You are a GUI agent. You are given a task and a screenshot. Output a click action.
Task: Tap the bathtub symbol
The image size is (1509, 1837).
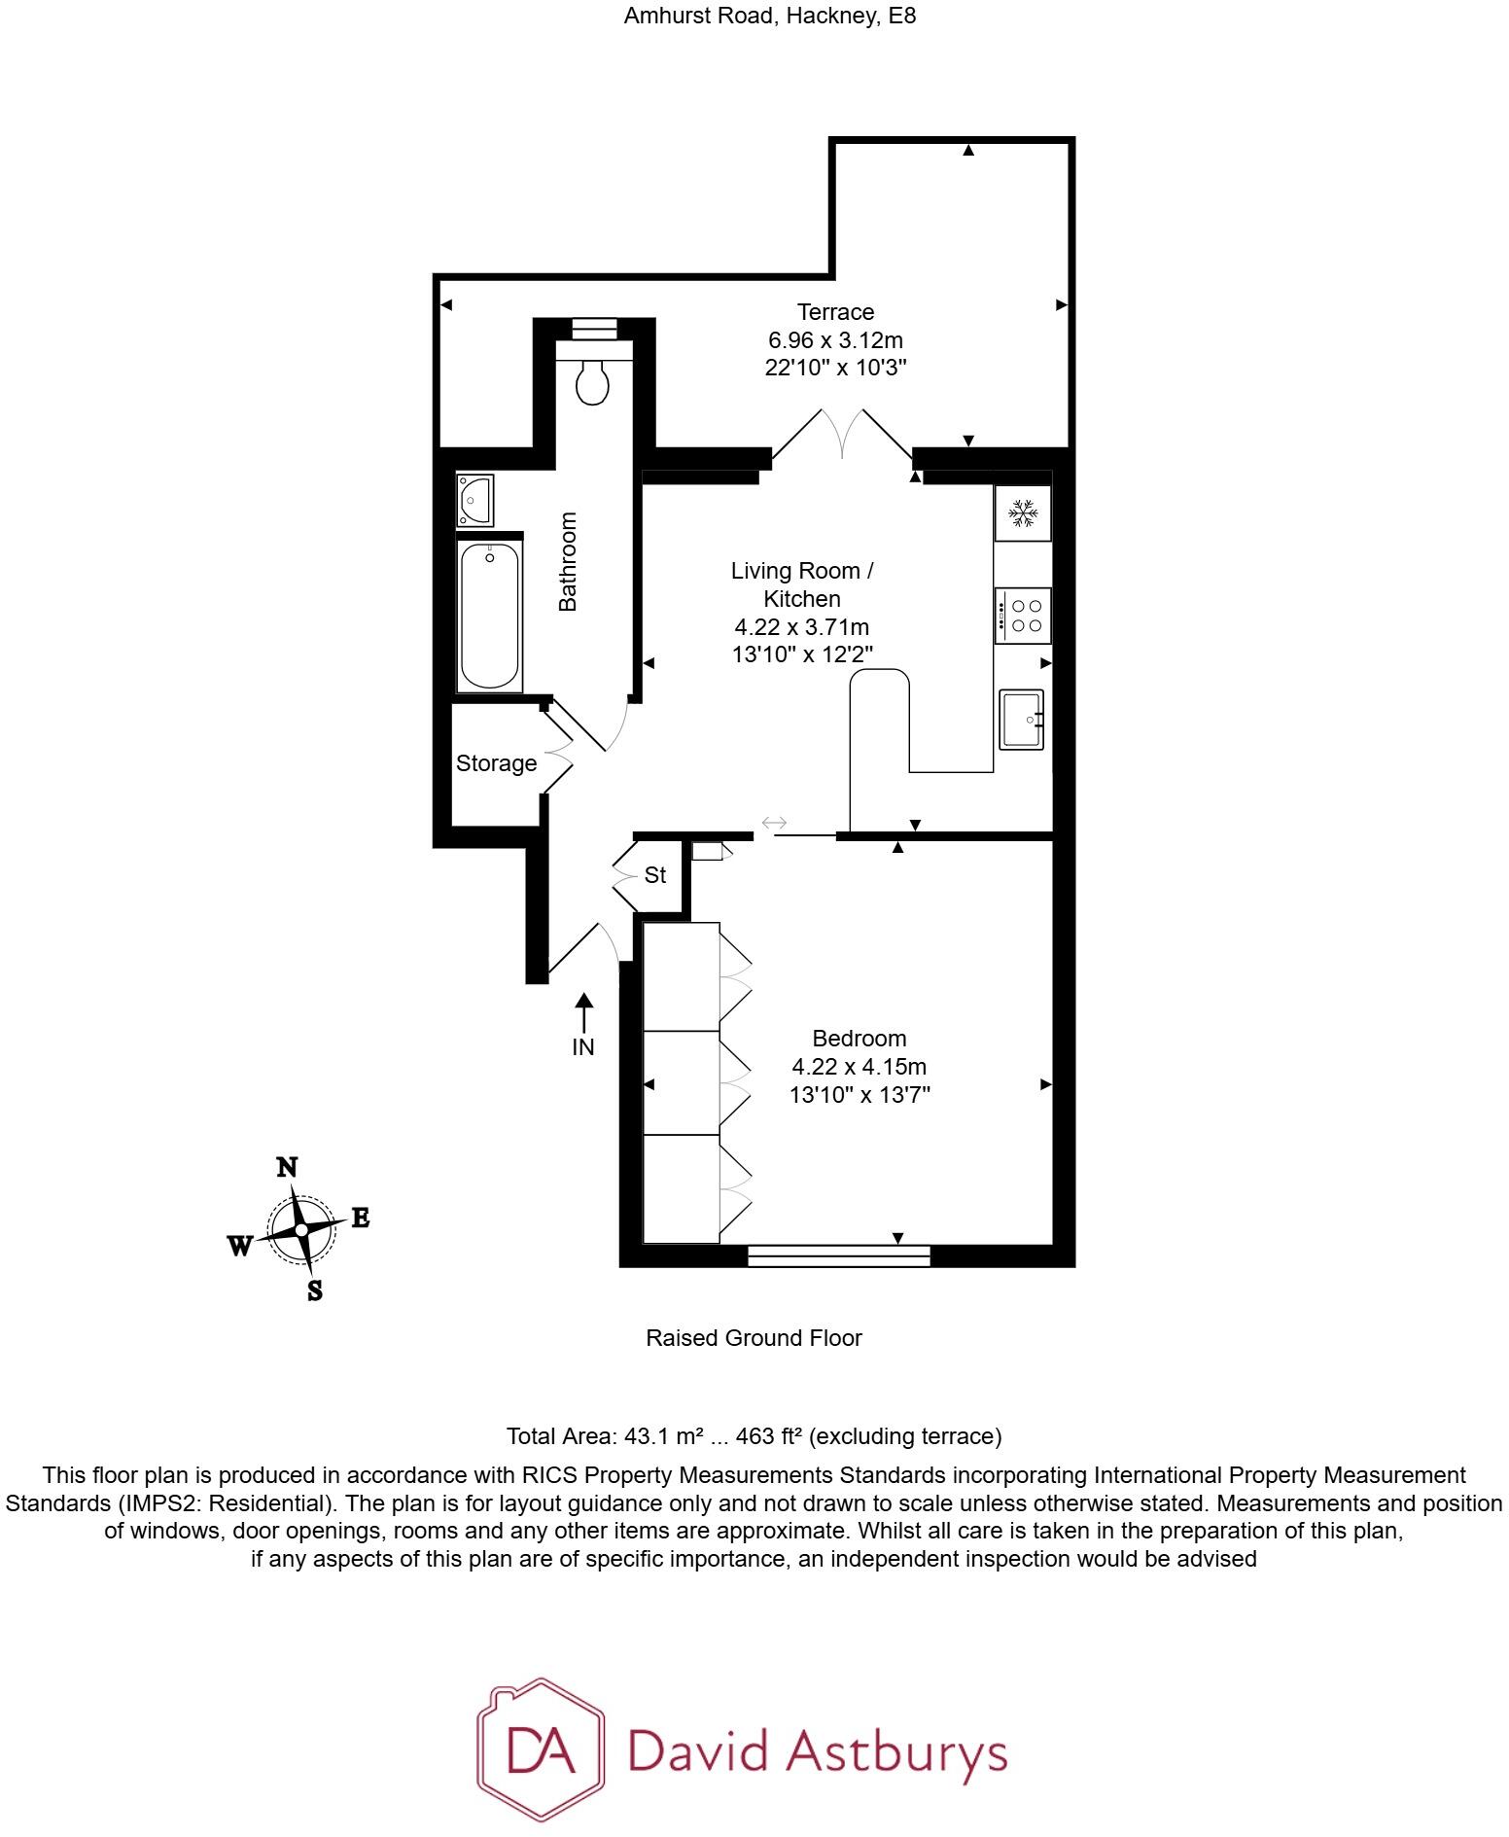pyautogui.click(x=490, y=616)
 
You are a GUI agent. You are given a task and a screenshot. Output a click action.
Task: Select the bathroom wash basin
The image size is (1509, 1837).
pyautogui.click(x=475, y=500)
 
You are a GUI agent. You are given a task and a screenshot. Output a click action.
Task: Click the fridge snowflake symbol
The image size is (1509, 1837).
pyautogui.click(x=1022, y=512)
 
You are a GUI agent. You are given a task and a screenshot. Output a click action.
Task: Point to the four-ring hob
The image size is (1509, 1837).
pyautogui.click(x=1024, y=615)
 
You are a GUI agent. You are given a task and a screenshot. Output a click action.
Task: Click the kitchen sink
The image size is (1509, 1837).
pyautogui.click(x=1021, y=720)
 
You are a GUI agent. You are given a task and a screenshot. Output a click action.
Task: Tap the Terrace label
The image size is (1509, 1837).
pyautogui.click(x=835, y=312)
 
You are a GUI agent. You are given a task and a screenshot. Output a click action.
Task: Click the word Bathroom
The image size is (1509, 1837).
pyautogui.click(x=568, y=561)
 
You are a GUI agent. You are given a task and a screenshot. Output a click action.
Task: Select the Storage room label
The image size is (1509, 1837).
pyautogui.click(x=496, y=763)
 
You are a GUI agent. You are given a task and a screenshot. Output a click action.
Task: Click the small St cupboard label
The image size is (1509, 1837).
pyautogui.click(x=655, y=875)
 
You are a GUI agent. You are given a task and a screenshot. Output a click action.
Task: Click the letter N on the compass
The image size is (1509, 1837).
pyautogui.click(x=287, y=1168)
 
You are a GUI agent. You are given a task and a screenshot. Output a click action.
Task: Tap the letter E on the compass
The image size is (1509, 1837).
pyautogui.click(x=360, y=1218)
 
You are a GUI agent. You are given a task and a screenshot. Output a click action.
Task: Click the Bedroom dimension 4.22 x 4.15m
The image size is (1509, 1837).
pyautogui.click(x=859, y=1067)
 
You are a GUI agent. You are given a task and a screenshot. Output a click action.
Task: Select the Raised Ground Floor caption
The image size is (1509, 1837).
pyautogui.click(x=754, y=1338)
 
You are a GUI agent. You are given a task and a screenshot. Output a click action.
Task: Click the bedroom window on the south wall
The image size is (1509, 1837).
pyautogui.click(x=838, y=1255)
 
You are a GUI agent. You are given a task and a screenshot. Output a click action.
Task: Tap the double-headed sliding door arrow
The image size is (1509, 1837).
pyautogui.click(x=774, y=823)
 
